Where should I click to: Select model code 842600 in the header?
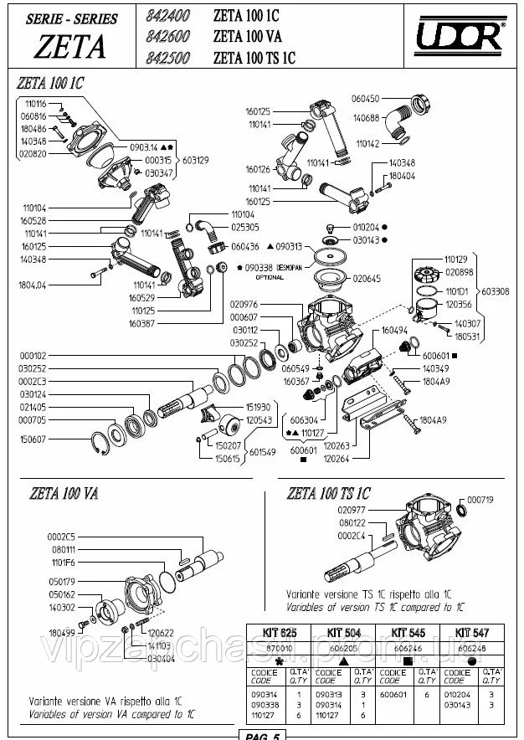pos(168,36)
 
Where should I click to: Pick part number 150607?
pos(32,438)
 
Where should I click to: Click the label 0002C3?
pos(32,380)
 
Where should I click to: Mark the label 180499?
pos(62,634)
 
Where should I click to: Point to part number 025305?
pos(245,226)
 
